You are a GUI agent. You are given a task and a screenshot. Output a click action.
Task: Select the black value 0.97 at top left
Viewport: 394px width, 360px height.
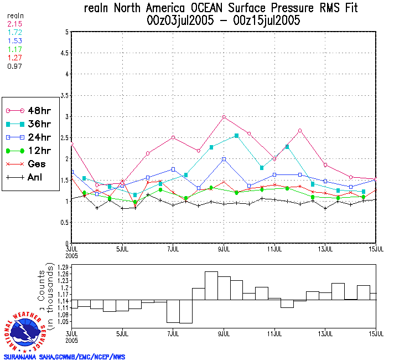pos(14,66)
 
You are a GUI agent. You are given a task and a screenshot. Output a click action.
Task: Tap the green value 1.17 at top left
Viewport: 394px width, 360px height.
pos(14,50)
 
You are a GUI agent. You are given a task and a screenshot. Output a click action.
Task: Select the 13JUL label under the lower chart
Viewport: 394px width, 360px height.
pos(325,334)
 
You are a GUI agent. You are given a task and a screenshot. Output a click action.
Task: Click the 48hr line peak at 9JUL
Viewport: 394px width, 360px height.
pos(224,117)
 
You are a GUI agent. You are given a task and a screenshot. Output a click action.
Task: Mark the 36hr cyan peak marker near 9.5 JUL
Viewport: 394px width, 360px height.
pos(237,136)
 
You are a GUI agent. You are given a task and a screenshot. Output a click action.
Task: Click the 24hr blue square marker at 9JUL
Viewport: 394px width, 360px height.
pos(224,160)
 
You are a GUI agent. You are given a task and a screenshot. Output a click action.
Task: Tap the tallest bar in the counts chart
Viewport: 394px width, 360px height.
pos(211,286)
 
